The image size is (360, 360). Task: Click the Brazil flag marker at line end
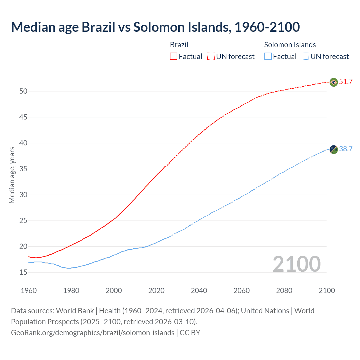coord(334,82)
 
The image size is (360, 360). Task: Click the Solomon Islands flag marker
coord(334,150)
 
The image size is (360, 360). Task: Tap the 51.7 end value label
coord(346,82)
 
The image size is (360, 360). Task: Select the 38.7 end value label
coord(346,149)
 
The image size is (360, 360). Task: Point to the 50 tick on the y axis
coord(23,91)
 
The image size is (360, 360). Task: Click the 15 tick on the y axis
coord(23,272)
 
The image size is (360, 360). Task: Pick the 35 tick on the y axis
coord(23,169)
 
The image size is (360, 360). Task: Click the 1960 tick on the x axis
coord(29,291)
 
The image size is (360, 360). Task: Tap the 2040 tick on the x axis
coord(199,291)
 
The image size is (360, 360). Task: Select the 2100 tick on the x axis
coord(327,291)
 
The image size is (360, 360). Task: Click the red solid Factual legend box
coord(174,56)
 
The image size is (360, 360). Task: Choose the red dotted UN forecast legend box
coord(211,56)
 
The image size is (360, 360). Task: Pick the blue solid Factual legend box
coord(268,56)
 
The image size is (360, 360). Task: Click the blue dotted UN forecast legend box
coord(305,56)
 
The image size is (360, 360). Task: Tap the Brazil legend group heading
coord(179,45)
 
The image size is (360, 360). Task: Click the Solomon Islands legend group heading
coord(290,45)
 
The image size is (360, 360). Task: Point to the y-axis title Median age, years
coord(12,175)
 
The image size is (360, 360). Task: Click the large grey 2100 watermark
coord(296,264)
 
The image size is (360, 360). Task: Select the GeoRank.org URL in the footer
coord(93,332)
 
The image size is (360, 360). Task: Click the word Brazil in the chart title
coord(98,27)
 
